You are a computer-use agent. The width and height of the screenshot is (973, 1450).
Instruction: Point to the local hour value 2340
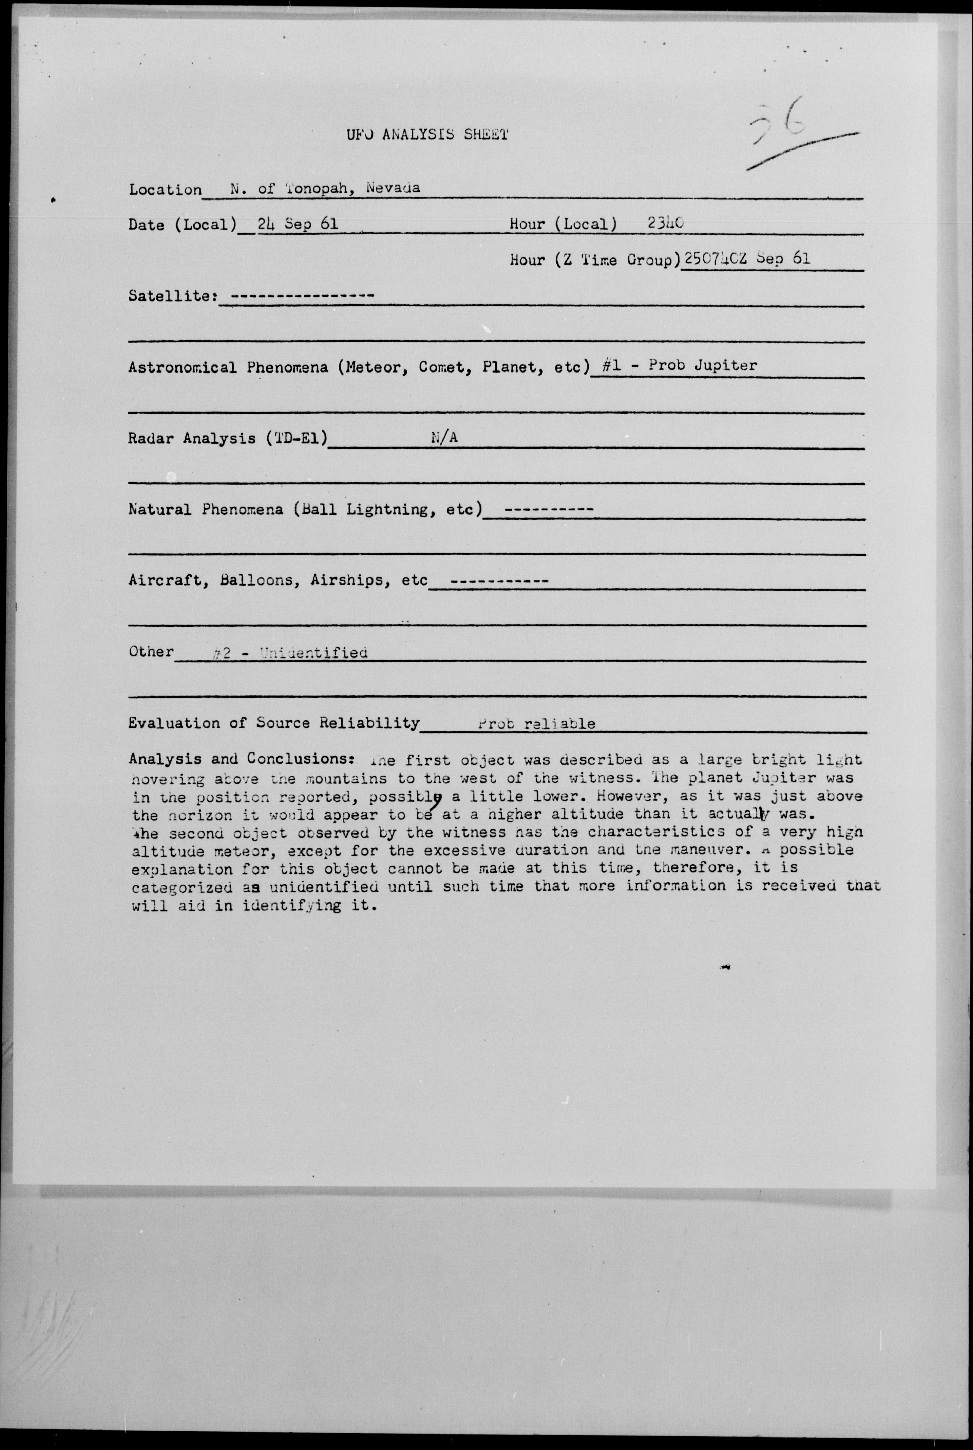(665, 223)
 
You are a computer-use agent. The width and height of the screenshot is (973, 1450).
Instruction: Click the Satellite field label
(172, 296)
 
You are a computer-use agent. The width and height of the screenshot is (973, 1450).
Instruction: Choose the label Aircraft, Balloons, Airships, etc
(278, 580)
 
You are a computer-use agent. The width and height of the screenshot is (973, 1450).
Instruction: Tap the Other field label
(151, 651)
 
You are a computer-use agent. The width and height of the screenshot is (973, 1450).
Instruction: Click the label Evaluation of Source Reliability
(274, 723)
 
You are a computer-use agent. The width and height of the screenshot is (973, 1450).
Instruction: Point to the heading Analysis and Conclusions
(242, 759)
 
